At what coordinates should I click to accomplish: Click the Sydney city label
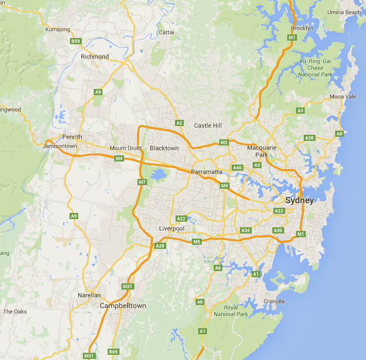[x=299, y=201]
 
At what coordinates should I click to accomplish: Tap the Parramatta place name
[x=206, y=172]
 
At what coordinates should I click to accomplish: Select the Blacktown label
[x=164, y=148]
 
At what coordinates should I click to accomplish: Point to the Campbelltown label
[x=123, y=305]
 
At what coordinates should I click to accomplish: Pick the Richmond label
[x=95, y=57]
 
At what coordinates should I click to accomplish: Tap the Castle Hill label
[x=207, y=125]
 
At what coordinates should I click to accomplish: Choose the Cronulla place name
[x=274, y=301]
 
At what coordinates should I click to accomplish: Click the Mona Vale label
[x=343, y=97]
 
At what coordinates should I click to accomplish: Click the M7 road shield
[x=143, y=182]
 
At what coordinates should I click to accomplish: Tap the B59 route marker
[x=76, y=41]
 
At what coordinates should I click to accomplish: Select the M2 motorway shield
[x=223, y=142]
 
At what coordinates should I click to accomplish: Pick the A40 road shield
[x=237, y=168]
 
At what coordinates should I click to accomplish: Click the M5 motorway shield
[x=196, y=242]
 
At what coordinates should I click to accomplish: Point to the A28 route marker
[x=160, y=246]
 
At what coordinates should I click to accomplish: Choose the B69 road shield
[x=113, y=352]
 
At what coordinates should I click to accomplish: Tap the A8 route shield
[x=339, y=134]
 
